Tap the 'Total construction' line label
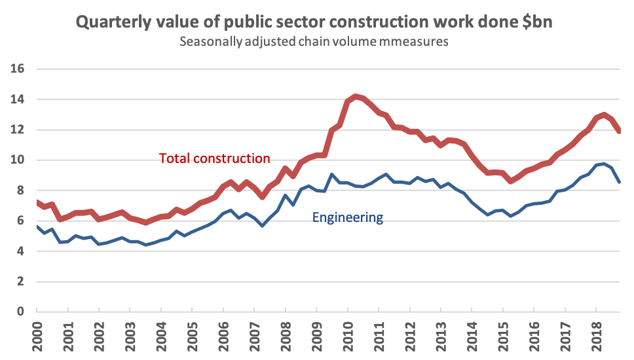[215, 158]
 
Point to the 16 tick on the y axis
[18, 69]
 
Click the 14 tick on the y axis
[18, 99]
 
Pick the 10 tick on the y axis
[18, 160]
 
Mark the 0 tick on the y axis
[21, 312]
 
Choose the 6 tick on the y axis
[21, 221]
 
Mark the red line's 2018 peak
[604, 115]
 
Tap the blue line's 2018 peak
[604, 163]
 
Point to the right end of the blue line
[620, 181]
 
